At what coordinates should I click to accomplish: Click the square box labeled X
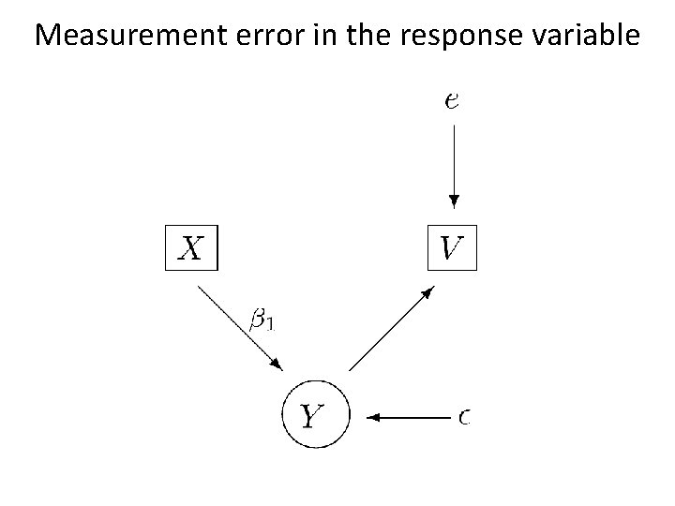point(191,247)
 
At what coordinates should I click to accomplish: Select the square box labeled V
point(452,247)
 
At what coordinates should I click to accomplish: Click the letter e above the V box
point(452,100)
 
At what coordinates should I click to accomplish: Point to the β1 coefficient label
point(262,320)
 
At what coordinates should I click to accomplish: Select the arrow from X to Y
point(240,326)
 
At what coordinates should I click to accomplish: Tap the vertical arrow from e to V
point(454,164)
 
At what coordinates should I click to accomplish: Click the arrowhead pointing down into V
point(454,201)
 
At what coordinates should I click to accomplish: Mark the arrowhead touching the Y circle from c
point(373,415)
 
